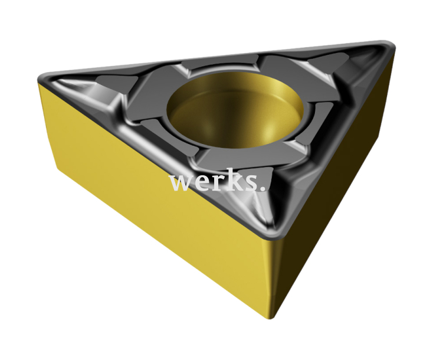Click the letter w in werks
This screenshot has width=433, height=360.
tap(179, 182)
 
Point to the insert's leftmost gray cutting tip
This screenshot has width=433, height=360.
tap(47, 80)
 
